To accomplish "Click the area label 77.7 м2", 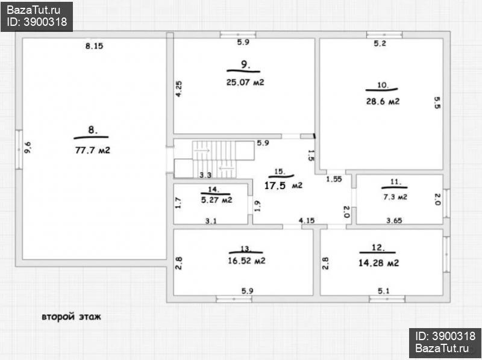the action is click(93, 151).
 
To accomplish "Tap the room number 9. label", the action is click(245, 64).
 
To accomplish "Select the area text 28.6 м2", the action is click(383, 101).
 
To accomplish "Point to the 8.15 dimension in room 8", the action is click(94, 46).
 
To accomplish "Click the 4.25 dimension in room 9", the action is click(178, 88).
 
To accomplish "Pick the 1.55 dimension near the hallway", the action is click(334, 179).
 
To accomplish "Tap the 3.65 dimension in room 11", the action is click(394, 220).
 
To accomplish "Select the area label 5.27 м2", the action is click(216, 200).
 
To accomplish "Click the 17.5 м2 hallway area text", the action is click(283, 185).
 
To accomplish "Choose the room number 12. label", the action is click(378, 247).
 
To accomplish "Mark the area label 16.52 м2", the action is click(246, 261).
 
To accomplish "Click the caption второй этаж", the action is click(71, 317).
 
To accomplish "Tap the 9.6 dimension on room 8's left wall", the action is click(28, 147).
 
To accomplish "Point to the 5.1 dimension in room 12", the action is click(384, 291).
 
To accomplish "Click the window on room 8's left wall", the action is click(19, 149).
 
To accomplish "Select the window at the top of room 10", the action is click(384, 34).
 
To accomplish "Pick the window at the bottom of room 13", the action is click(234, 299).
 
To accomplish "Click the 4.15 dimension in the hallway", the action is click(307, 220).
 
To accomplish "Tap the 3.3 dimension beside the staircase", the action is click(205, 175).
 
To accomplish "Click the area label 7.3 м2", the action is click(395, 197).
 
